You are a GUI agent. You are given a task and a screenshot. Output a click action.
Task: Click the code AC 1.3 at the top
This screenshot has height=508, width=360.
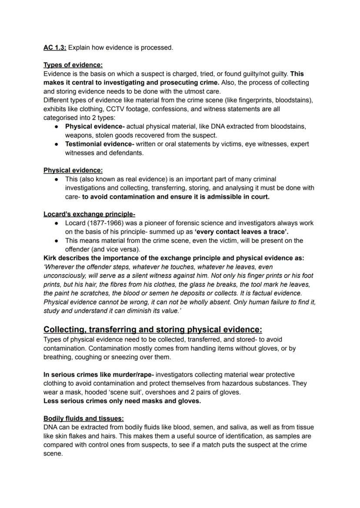pos(54,47)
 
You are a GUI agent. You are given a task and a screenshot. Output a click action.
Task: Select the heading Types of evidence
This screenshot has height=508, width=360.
pos(73,65)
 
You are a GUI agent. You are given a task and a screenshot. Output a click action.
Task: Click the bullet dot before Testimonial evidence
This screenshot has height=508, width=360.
pos(57,144)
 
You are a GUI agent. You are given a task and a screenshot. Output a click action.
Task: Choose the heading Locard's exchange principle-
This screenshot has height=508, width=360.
pos(89,214)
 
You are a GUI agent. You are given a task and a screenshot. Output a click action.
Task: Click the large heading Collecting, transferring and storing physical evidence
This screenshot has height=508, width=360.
pos(153,329)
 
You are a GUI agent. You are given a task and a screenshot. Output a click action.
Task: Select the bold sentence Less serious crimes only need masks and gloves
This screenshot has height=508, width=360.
pos(122,401)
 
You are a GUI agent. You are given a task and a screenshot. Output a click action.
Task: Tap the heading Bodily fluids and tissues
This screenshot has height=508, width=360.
pos(83,418)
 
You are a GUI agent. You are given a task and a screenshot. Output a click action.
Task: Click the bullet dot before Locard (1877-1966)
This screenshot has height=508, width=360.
pos(57,223)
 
